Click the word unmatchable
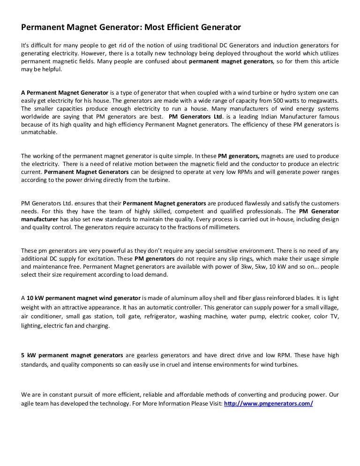coord(39,133)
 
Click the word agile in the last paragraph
coord(29,403)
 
